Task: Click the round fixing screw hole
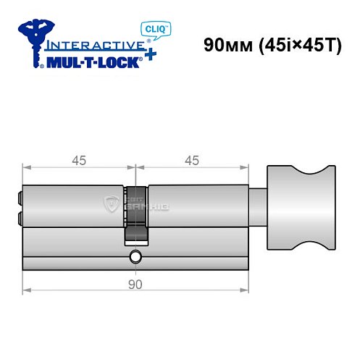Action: tap(135, 257)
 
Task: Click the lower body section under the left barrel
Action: tap(72, 251)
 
